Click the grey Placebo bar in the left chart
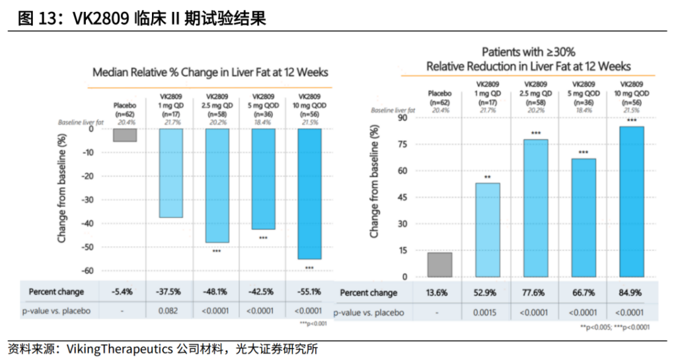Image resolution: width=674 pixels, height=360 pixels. click(125, 135)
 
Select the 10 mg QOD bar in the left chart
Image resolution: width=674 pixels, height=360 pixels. click(310, 194)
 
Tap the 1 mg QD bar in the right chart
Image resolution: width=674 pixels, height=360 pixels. click(488, 230)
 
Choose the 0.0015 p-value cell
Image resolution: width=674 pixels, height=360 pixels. click(487, 312)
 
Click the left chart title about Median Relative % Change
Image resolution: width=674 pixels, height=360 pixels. click(210, 73)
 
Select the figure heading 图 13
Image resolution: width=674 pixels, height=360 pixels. click(142, 18)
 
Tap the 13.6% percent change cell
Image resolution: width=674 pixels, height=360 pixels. click(440, 293)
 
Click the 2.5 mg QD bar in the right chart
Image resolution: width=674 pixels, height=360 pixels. click(536, 208)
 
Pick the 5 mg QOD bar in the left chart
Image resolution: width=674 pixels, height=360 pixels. click(263, 179)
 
